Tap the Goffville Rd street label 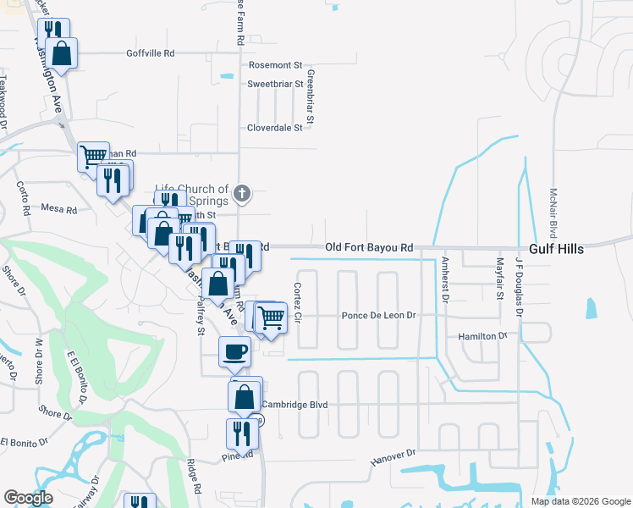[x=150, y=52]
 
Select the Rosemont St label [x=275, y=64]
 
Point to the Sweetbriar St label [x=274, y=84]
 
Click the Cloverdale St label [x=274, y=128]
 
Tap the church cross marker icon [x=242, y=193]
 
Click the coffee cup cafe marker [x=234, y=351]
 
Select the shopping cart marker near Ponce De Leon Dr [x=271, y=317]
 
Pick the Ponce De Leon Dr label [x=379, y=316]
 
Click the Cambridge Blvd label [x=294, y=405]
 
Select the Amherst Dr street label [x=444, y=279]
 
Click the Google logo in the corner [x=28, y=498]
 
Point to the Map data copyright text [x=580, y=501]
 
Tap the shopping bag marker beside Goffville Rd [x=62, y=53]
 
